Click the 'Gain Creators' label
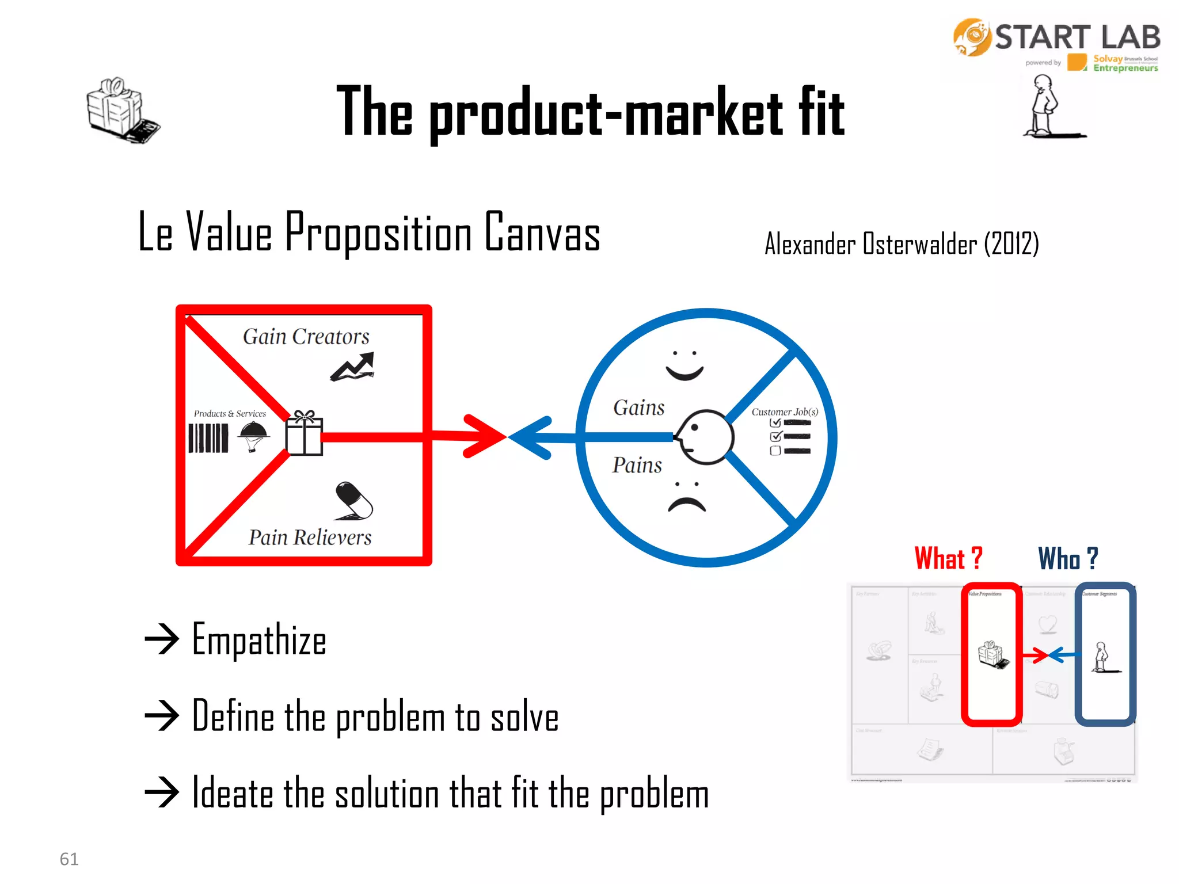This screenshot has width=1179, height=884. pos(306,337)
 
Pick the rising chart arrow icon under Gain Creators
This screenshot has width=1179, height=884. pos(352,367)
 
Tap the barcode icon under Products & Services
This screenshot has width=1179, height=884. pos(208,438)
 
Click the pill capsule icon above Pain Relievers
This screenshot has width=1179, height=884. pos(353,500)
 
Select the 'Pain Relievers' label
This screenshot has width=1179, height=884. pos(310,538)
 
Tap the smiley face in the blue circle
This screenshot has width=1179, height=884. pos(684,365)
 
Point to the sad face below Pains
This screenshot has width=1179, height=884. pos(687,498)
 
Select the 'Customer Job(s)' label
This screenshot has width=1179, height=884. pos(784,412)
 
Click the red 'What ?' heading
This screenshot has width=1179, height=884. pos(948,558)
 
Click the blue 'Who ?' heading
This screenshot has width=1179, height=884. pos(1068,558)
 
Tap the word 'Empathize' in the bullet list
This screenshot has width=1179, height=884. pos(259,639)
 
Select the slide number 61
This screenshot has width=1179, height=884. pos(69,859)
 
